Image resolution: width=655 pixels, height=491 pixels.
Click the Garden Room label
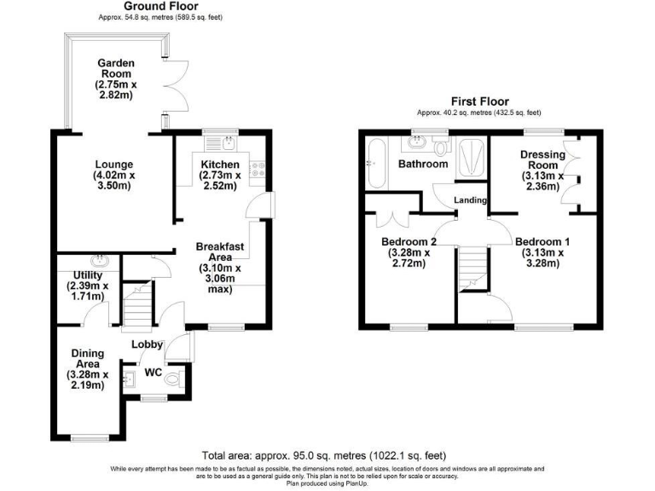click(x=114, y=79)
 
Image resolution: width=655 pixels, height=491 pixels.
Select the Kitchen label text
click(x=220, y=175)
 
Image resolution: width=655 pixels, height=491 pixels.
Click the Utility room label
click(x=87, y=286)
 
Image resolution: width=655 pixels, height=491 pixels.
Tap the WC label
click(x=153, y=373)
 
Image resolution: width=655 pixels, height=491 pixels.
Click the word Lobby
click(x=146, y=344)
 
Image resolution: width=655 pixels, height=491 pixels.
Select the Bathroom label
click(x=424, y=164)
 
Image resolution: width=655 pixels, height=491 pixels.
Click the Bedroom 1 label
click(x=542, y=252)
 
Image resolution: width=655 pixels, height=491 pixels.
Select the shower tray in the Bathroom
click(x=471, y=159)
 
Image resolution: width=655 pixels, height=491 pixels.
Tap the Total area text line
click(x=323, y=455)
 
